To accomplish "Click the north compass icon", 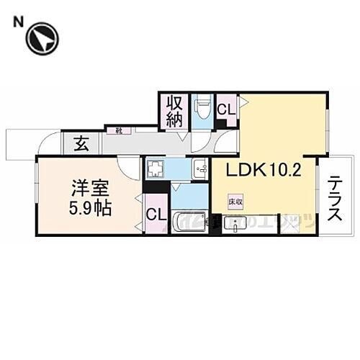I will tap(42, 38).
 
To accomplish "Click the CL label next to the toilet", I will tap(226, 110).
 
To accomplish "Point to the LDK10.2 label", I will tap(264, 171).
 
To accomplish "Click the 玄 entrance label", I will tap(81, 143).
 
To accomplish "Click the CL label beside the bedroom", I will tap(155, 215).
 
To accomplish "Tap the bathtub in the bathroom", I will tap(189, 222).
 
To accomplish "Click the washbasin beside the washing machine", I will tap(199, 169).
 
